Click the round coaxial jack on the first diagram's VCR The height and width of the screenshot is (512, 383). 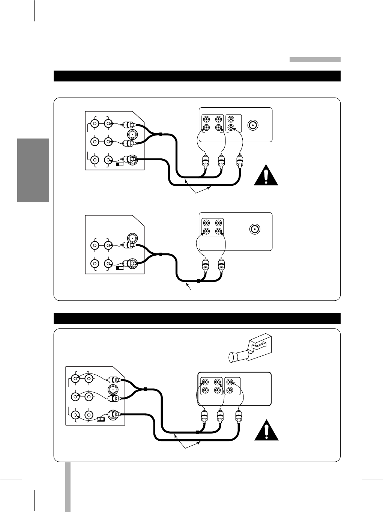(253, 125)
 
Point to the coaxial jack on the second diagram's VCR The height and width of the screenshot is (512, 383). (255, 229)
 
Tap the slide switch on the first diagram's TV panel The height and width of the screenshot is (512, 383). (120, 164)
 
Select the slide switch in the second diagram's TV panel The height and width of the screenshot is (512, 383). (120, 268)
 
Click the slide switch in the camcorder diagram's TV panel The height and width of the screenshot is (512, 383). (101, 419)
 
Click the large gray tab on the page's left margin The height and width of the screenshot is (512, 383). (33, 170)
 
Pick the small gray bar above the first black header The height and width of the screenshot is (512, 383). (315, 60)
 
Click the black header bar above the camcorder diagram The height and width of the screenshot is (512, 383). (197, 318)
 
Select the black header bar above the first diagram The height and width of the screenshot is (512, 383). (197, 76)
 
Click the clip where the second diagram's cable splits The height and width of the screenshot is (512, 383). (160, 254)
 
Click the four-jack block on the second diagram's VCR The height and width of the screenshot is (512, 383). (212, 227)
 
